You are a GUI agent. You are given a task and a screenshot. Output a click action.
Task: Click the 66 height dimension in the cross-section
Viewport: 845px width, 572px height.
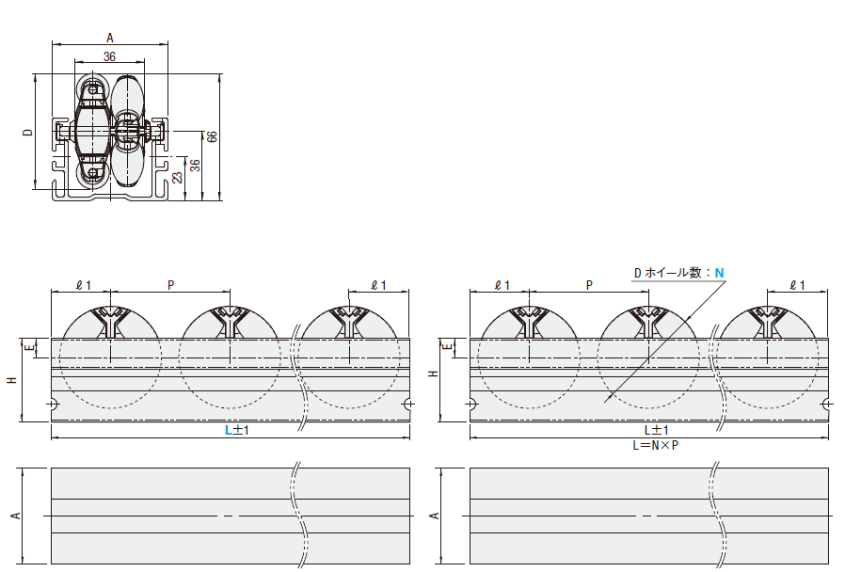pyautogui.click(x=213, y=136)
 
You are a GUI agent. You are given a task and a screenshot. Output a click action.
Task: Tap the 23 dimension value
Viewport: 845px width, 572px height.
pyautogui.click(x=177, y=178)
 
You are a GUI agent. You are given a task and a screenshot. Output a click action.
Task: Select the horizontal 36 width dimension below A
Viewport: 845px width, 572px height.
pyautogui.click(x=109, y=56)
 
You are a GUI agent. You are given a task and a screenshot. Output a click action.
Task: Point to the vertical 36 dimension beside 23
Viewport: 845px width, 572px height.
pyautogui.click(x=196, y=166)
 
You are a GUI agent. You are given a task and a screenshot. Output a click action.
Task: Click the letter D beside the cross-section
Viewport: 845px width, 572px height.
pyautogui.click(x=28, y=133)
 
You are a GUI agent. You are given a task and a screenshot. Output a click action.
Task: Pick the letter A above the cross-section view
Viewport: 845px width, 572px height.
pyautogui.click(x=110, y=39)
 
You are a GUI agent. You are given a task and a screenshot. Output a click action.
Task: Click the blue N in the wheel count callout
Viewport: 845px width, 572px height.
pyautogui.click(x=720, y=273)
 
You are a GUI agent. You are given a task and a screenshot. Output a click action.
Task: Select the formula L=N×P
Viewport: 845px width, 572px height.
pyautogui.click(x=655, y=445)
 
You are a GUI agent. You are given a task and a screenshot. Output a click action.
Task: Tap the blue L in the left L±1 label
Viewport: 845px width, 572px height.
pyautogui.click(x=229, y=430)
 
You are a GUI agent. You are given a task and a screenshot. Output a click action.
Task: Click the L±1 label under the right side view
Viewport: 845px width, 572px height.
pyautogui.click(x=657, y=430)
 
